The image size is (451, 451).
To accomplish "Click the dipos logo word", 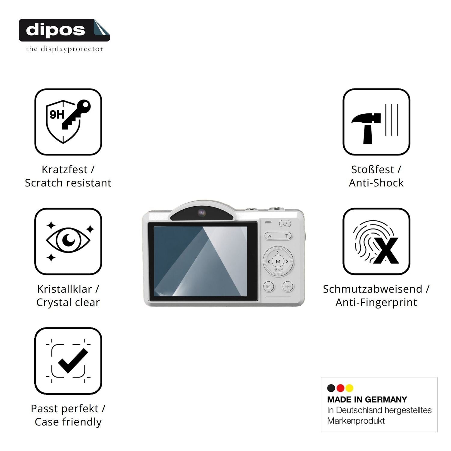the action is point(56,30).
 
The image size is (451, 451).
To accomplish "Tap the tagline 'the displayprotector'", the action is point(65,49).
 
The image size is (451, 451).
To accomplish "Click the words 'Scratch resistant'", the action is point(68,183).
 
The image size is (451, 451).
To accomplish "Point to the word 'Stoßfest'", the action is point(373,170).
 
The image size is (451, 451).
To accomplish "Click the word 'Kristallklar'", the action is point(65,289).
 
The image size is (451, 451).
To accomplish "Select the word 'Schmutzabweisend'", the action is point(373,289).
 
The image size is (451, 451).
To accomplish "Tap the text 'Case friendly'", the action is point(68,422).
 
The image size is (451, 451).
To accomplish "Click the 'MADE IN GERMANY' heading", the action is point(367,400).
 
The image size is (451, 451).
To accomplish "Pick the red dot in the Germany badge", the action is point(340,388).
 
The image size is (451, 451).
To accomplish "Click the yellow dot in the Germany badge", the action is point(349,388).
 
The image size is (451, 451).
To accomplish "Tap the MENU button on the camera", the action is point(288,287).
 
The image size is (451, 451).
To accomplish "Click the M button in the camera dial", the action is point(278,262).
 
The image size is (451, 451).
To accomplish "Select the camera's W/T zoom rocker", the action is point(278,236).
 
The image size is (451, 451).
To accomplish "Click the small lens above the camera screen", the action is point(202,213).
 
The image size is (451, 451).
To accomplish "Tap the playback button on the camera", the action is point(268,287).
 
